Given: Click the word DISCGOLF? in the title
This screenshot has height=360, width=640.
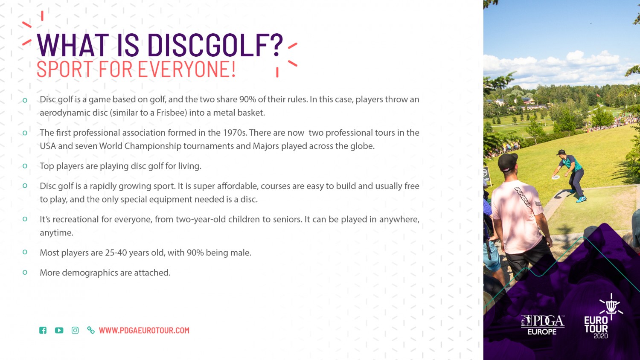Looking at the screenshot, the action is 215,45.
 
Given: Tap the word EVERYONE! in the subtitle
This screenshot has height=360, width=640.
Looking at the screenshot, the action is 187,69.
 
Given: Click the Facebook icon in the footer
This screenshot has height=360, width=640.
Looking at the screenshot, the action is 43,330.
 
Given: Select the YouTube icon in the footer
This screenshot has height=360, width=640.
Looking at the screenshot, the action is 59,330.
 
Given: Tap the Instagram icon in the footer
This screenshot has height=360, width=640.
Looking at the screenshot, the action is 75,330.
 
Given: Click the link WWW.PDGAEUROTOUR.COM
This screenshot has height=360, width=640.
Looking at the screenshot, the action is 144,330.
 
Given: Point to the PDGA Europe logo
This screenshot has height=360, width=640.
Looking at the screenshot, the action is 542,325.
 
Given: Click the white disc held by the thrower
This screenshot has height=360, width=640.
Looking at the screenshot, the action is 556,177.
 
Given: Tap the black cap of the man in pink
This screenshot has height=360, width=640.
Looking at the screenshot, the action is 507,162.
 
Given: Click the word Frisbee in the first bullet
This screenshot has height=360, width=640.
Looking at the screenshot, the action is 172,113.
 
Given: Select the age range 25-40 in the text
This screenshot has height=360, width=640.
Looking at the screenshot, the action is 116,253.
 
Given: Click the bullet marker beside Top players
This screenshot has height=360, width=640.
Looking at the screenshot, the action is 25,166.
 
